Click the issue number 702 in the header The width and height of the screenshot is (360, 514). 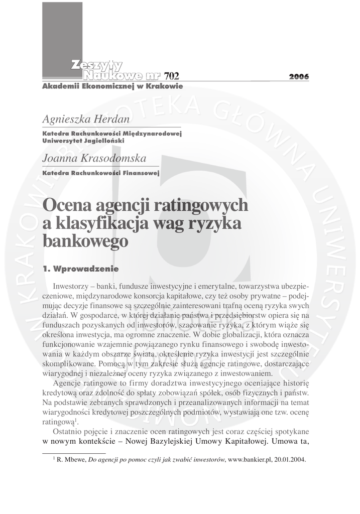(171, 76)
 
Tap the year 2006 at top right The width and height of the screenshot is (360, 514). (299, 77)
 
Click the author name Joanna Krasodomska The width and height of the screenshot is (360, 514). (94, 159)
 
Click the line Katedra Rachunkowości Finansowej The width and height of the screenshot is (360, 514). (101, 173)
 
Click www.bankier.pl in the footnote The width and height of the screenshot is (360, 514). (250, 460)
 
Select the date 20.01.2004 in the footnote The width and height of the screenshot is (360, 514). (291, 460)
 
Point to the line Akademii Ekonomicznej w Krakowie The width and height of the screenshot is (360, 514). (112, 86)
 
